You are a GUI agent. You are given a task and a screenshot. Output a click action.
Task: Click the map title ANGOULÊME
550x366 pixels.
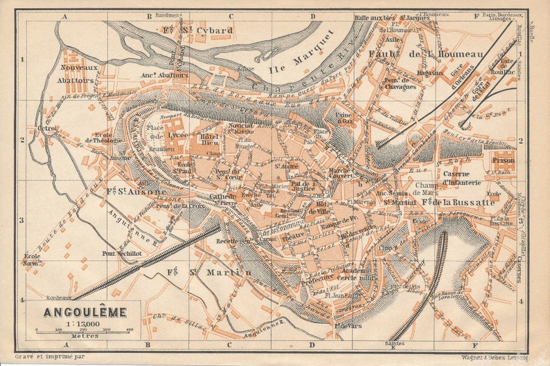pyautogui.click(x=85, y=312)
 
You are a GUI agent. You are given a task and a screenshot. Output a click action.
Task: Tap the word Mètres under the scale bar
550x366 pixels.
pyautogui.click(x=82, y=336)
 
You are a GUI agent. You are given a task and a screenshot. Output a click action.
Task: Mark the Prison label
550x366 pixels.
pyautogui.click(x=504, y=160)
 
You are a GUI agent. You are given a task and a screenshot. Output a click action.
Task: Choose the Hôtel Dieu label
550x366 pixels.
pyautogui.click(x=211, y=140)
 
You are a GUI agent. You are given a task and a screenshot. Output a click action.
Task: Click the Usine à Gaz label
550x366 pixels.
pyautogui.click(x=345, y=118)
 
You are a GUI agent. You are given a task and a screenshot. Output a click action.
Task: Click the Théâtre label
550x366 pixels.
pyautogui.click(x=293, y=237)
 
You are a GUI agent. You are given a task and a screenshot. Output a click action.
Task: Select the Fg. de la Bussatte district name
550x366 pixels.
pyautogui.click(x=458, y=202)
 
